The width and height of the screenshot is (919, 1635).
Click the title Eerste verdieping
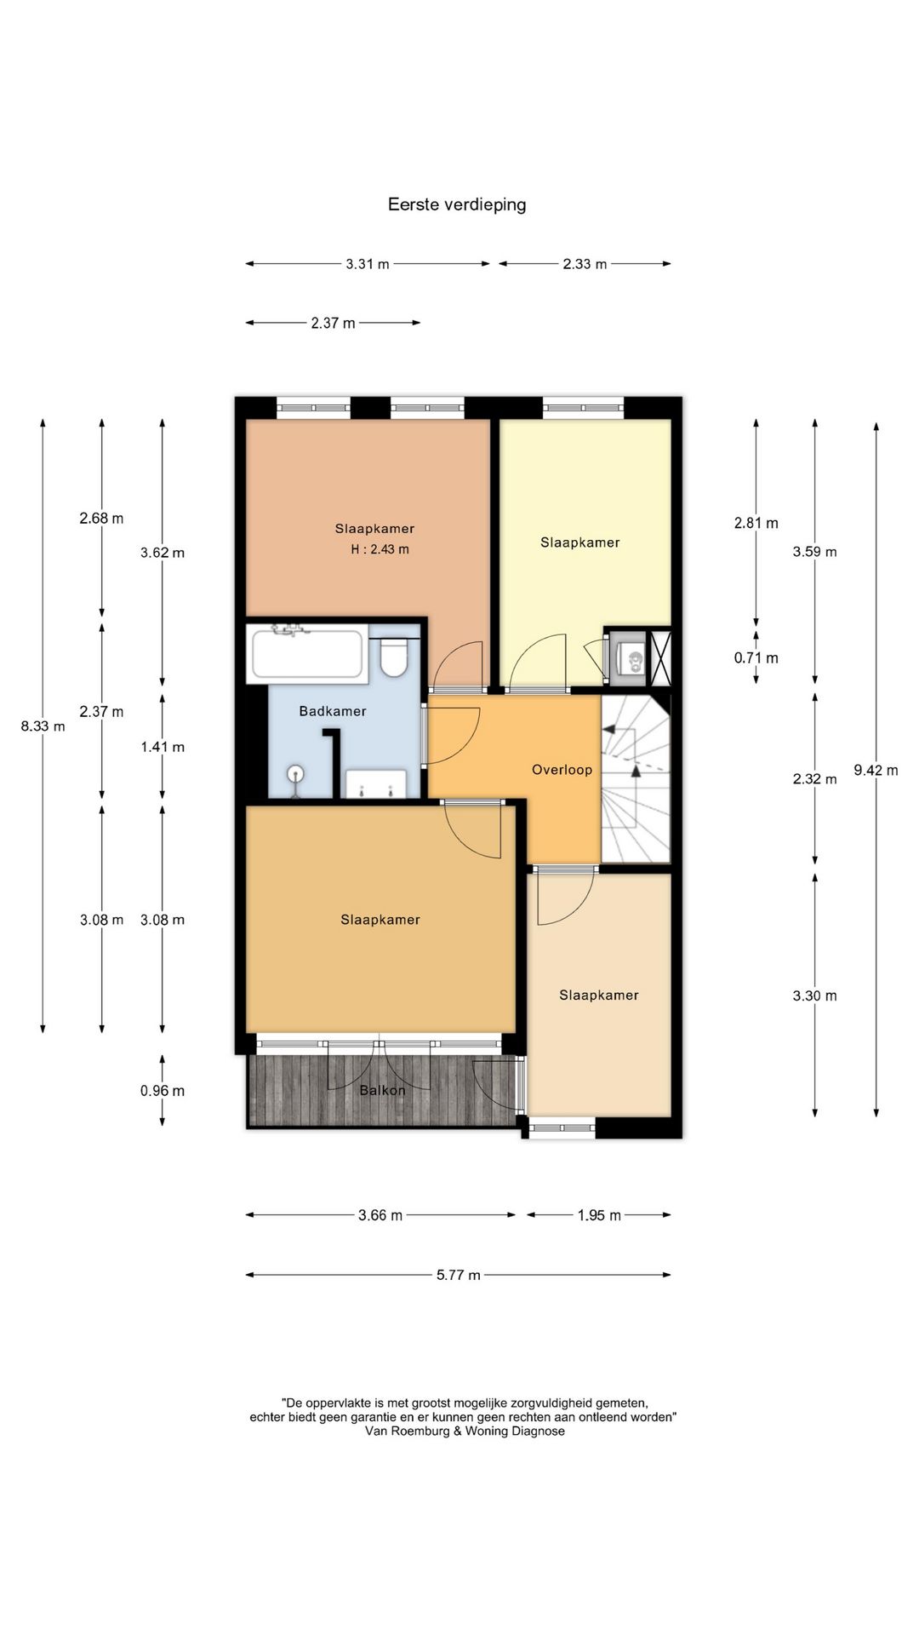point(457,204)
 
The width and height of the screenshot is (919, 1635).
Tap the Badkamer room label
point(333,711)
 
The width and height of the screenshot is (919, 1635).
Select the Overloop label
point(562,770)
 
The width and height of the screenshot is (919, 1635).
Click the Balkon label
point(382,1090)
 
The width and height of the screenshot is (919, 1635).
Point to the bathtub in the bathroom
point(306,653)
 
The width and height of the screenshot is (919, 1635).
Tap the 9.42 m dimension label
point(876,771)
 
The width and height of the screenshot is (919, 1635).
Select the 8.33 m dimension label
point(43,726)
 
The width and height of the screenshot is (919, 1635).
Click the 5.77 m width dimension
point(459,1275)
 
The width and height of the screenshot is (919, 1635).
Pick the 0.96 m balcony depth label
point(163,1091)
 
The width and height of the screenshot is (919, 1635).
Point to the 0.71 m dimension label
point(756,657)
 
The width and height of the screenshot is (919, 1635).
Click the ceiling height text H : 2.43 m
point(380,549)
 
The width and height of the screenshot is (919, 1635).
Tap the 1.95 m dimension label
point(599,1215)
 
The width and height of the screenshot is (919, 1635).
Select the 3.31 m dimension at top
point(368,264)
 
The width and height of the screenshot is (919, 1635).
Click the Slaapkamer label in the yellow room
point(580,542)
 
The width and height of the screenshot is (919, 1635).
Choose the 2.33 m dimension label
point(585,264)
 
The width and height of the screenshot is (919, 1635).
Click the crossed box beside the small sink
point(661,657)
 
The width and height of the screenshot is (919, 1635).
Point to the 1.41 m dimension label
point(163,747)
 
